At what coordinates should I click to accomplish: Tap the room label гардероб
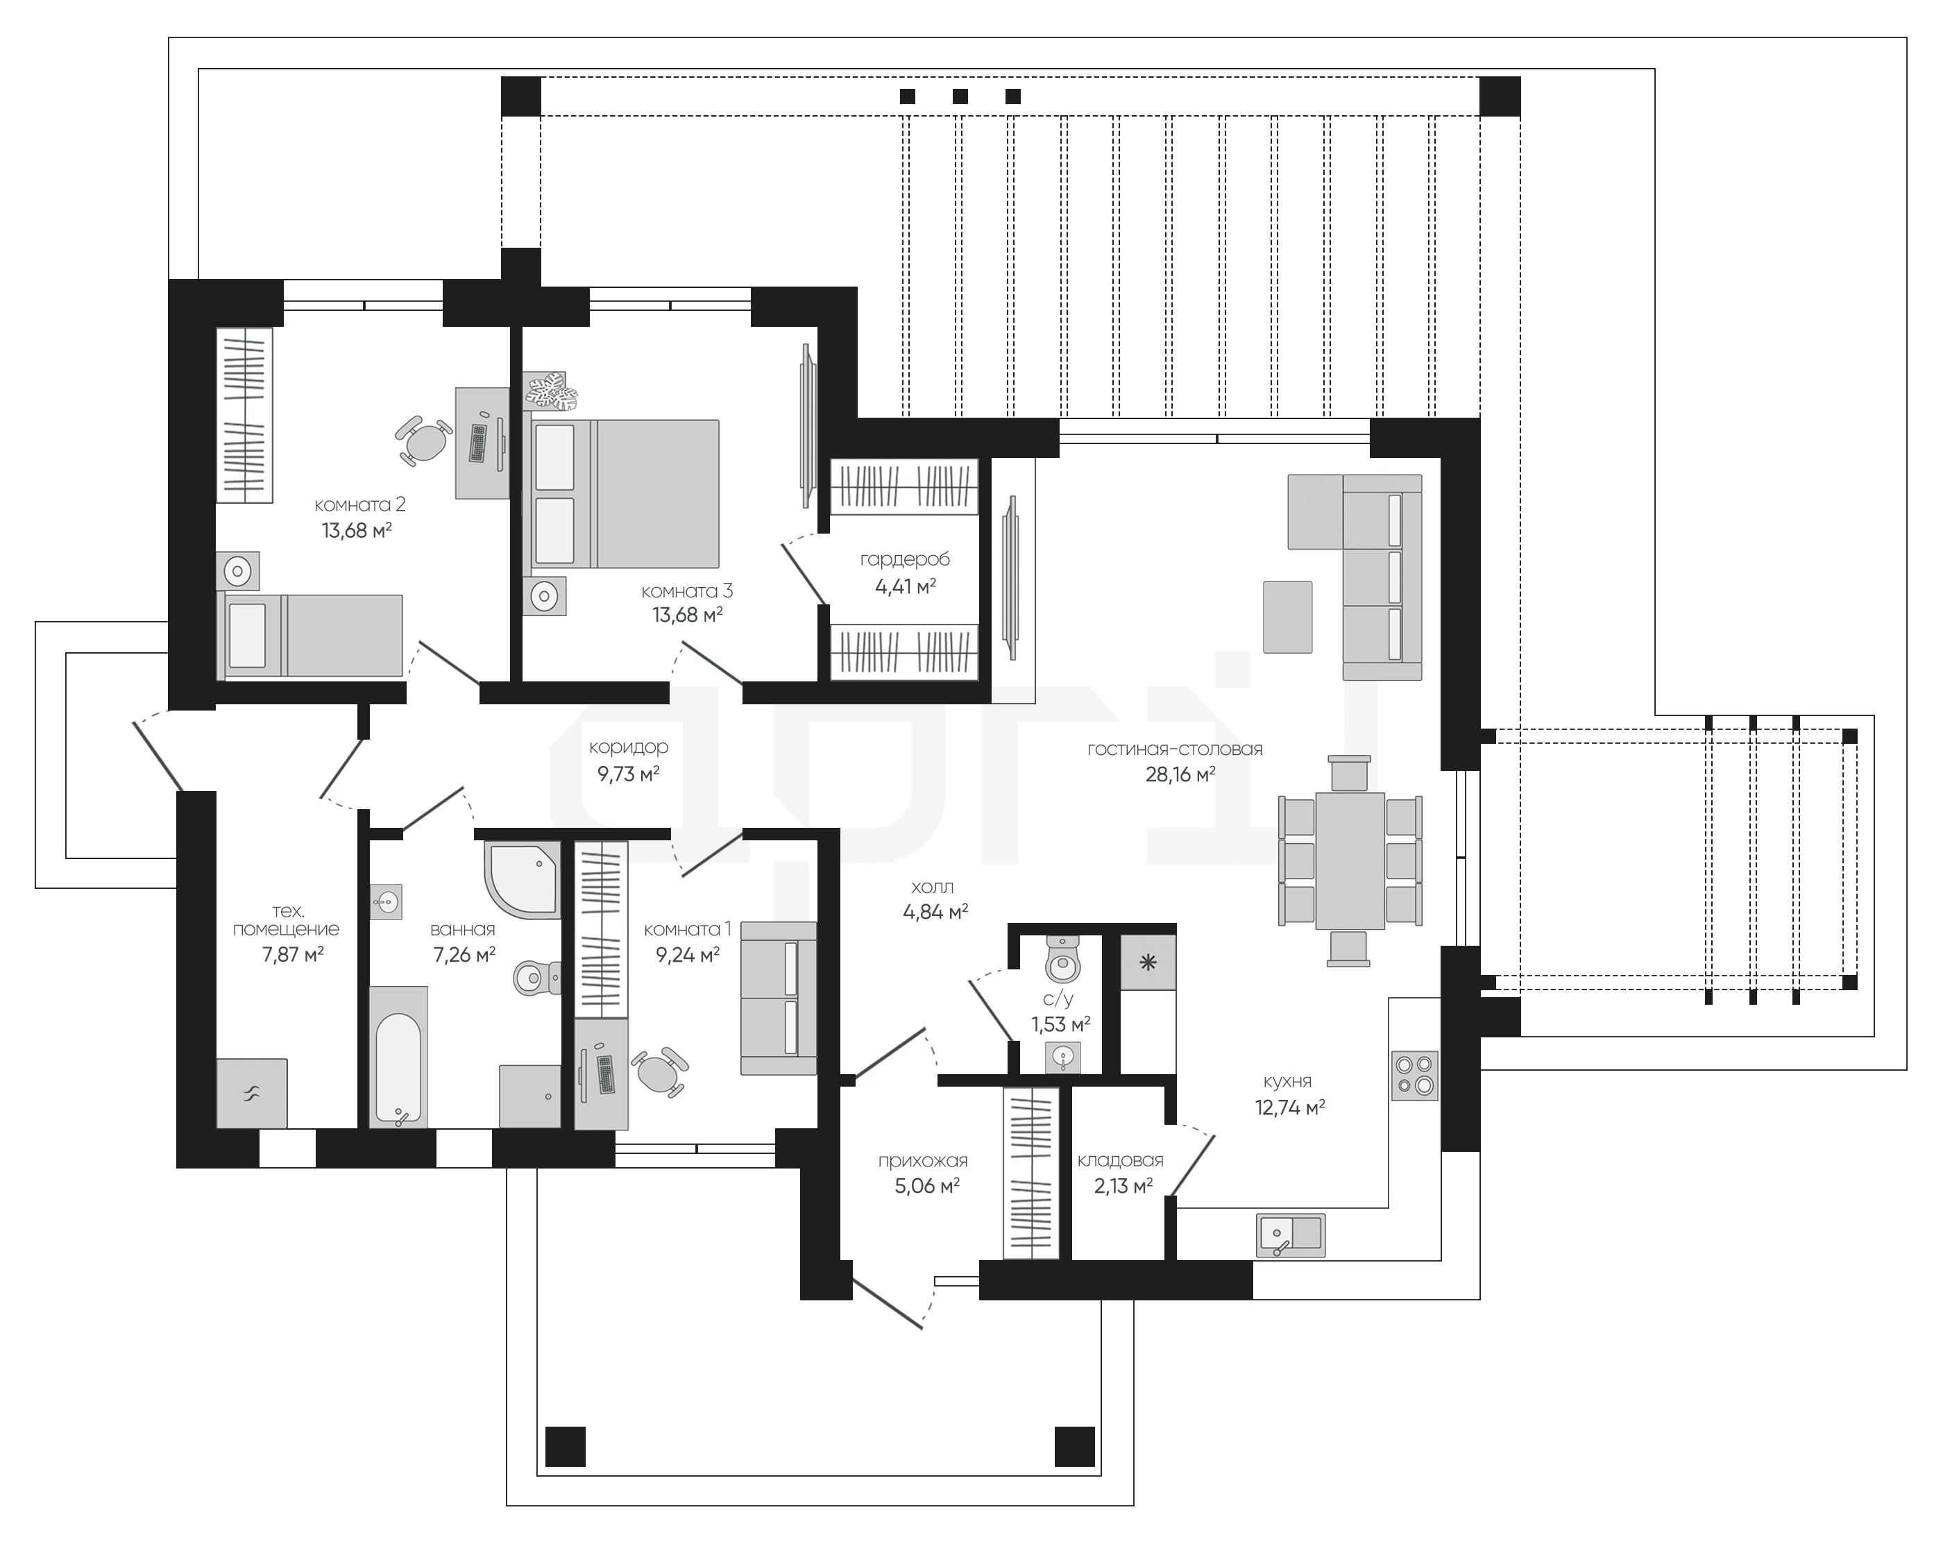[x=905, y=559]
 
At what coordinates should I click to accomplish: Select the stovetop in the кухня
[x=1415, y=1076]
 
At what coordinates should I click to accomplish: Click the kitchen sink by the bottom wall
[x=1291, y=1235]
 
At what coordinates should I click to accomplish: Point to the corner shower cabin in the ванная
[x=523, y=879]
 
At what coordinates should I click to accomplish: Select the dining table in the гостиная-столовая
[x=1350, y=860]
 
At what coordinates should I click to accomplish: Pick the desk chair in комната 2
[x=423, y=441]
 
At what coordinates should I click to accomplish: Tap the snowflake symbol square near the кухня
[x=1148, y=963]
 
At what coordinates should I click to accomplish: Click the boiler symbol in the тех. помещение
[x=251, y=1094]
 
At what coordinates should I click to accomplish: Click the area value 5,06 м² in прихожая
[x=926, y=1186]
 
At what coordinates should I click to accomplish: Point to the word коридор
[x=628, y=748]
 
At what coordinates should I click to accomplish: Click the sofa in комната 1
[x=779, y=999]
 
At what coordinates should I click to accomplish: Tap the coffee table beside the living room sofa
[x=1287, y=617]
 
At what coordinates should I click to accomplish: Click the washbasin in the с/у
[x=1063, y=1057]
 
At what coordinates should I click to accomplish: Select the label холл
[x=932, y=887]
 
